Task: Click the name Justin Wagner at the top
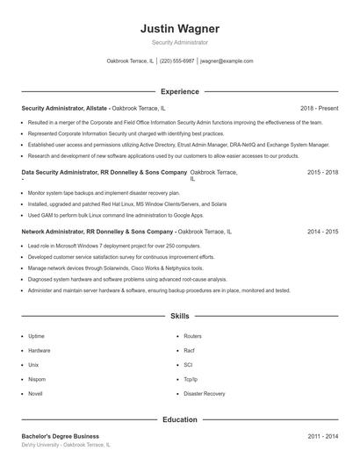pos(179,28)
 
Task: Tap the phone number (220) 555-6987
pos(177,61)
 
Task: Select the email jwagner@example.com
pos(227,61)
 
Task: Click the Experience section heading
pos(179,91)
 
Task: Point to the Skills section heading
pos(179,316)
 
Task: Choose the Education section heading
pos(179,420)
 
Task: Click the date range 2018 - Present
pos(319,108)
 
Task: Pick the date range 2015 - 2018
pos(322,173)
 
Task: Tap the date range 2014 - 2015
pos(322,232)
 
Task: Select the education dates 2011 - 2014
pos(322,436)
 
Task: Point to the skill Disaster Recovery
pos(204,394)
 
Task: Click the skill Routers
pos(192,336)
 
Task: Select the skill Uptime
pos(36,336)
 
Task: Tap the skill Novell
pos(35,394)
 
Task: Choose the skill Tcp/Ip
pos(191,379)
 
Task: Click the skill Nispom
pos(37,379)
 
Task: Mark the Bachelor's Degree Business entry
pos(61,436)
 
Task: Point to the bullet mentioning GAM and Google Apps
pos(115,214)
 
